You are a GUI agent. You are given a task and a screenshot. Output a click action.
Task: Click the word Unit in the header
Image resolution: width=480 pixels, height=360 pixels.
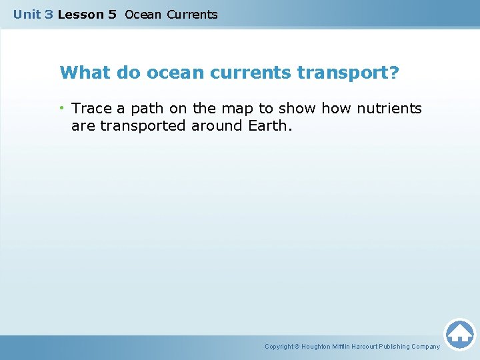pos(27,14)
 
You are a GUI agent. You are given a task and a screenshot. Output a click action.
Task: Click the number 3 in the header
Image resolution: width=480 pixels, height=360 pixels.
pos(49,14)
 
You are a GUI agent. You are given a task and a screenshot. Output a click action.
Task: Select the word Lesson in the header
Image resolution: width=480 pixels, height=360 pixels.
pos(77,14)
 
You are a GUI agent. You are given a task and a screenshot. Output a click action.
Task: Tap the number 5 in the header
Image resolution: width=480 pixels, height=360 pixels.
pos(111,14)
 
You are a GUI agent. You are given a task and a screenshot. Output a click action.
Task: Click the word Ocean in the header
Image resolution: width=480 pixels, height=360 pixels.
pos(143,14)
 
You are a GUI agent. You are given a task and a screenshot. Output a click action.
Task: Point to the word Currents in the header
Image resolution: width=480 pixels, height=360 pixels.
pos(192,14)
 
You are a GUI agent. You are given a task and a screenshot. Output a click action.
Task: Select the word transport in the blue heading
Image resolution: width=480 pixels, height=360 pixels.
pos(343,72)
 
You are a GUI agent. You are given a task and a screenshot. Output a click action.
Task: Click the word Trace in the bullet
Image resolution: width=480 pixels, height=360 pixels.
pos(92,108)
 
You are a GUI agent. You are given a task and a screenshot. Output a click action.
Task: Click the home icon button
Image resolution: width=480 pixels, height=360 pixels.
pos(459,333)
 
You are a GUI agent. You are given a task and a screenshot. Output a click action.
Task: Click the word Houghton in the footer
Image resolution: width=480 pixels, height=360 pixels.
pos(317,347)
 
